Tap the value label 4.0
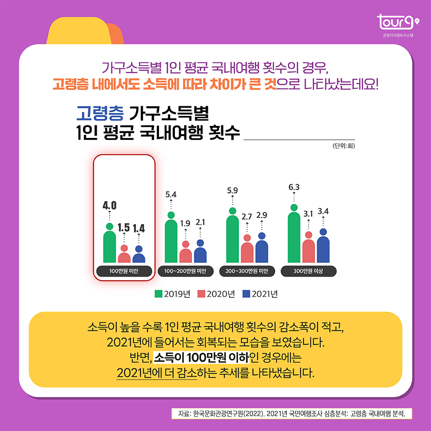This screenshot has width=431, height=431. click(x=110, y=205)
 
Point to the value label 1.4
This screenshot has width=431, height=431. click(x=139, y=228)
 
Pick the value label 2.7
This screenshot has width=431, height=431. click(x=247, y=216)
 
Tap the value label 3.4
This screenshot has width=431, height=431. click(x=323, y=211)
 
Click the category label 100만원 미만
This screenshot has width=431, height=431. click(x=124, y=271)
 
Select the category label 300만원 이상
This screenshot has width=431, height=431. click(x=308, y=271)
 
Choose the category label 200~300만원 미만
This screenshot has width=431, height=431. click(x=247, y=271)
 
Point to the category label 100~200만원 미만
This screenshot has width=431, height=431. click(x=185, y=271)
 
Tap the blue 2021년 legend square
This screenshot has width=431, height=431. click(x=246, y=294)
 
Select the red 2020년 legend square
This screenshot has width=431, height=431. click(x=202, y=294)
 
